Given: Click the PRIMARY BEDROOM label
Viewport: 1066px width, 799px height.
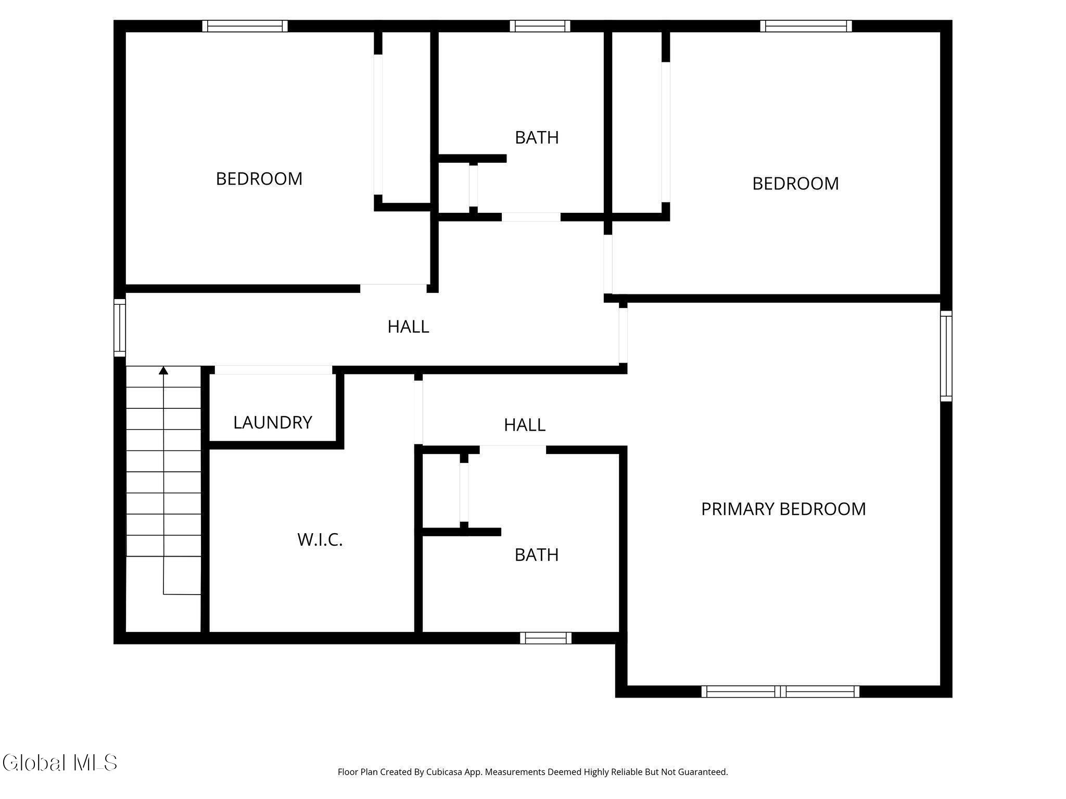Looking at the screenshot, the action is tap(783, 509).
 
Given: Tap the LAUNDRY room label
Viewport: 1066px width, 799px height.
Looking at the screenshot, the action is tap(273, 422).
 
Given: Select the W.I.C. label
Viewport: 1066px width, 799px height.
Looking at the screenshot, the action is tap(320, 540).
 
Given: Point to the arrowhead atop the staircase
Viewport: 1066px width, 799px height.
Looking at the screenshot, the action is tap(163, 370).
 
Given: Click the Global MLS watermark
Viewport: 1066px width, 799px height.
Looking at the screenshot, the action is tap(59, 763).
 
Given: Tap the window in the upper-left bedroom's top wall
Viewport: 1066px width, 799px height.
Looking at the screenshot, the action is tap(245, 26).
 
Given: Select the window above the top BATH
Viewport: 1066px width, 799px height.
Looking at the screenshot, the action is tap(540, 26).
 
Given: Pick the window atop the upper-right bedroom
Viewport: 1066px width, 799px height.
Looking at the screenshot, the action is tap(806, 26).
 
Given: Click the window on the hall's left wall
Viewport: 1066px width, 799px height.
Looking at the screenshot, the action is tap(120, 328).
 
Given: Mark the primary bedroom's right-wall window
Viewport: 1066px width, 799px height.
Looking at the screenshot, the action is tap(946, 356).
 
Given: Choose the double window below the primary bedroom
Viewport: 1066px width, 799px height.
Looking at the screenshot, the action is tap(780, 691).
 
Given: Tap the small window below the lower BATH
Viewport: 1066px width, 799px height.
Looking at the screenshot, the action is tap(545, 638).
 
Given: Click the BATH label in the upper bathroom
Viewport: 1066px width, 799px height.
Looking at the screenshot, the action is tap(537, 137).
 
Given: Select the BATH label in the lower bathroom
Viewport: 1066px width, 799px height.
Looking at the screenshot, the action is tap(537, 555).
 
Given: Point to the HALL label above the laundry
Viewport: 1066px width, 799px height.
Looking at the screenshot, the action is tap(408, 327).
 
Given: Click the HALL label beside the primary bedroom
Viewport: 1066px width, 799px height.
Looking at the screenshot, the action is tap(525, 425).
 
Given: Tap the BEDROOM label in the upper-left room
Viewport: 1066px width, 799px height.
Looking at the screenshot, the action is tap(259, 179).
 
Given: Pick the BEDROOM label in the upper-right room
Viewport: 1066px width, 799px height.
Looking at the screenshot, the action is tap(795, 184).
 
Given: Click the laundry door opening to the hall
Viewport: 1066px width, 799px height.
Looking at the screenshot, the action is tap(273, 370).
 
